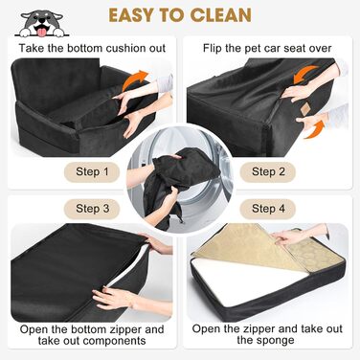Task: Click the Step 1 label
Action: pyautogui.click(x=92, y=171)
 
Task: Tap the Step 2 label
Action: pyautogui.click(x=268, y=171)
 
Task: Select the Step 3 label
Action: pyautogui.click(x=92, y=209)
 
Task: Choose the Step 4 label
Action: pyautogui.click(x=268, y=209)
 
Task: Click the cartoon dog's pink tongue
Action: pyautogui.click(x=41, y=32)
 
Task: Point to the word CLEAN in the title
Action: pyautogui.click(x=220, y=15)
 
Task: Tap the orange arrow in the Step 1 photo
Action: pyautogui.click(x=135, y=79)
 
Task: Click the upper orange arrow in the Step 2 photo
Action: pyautogui.click(x=304, y=75)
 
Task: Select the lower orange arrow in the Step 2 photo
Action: pyautogui.click(x=314, y=130)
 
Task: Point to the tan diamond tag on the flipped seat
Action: pyautogui.click(x=305, y=109)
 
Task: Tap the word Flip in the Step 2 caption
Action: pyautogui.click(x=212, y=48)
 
